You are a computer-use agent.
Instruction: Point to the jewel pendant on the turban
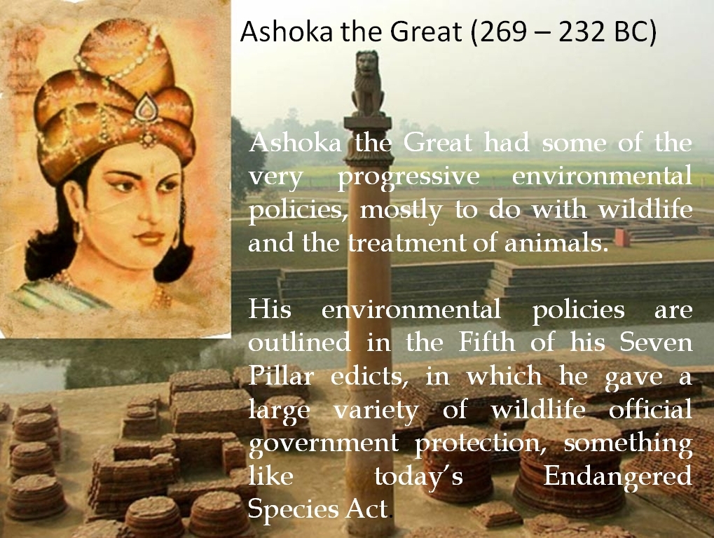coord(146,108)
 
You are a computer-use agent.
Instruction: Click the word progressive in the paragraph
coord(409,177)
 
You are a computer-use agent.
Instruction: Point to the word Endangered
coord(617,476)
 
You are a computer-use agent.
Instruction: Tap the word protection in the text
coord(481,444)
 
